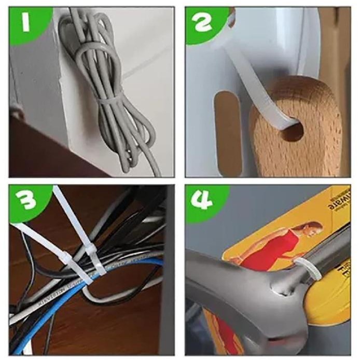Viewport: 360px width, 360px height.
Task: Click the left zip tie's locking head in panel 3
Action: [81, 270]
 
